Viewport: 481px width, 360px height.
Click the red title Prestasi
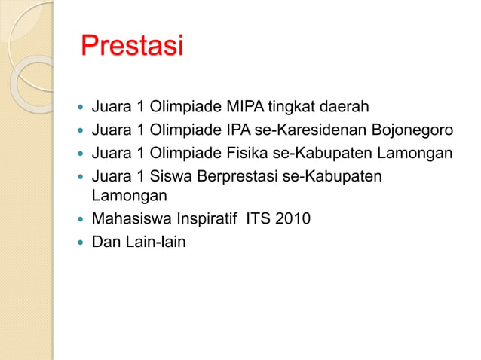click(x=132, y=47)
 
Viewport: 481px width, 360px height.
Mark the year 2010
click(x=292, y=220)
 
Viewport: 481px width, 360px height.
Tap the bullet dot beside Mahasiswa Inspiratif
click(x=79, y=221)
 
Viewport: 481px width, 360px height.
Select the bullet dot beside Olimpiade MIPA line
click(x=79, y=105)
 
